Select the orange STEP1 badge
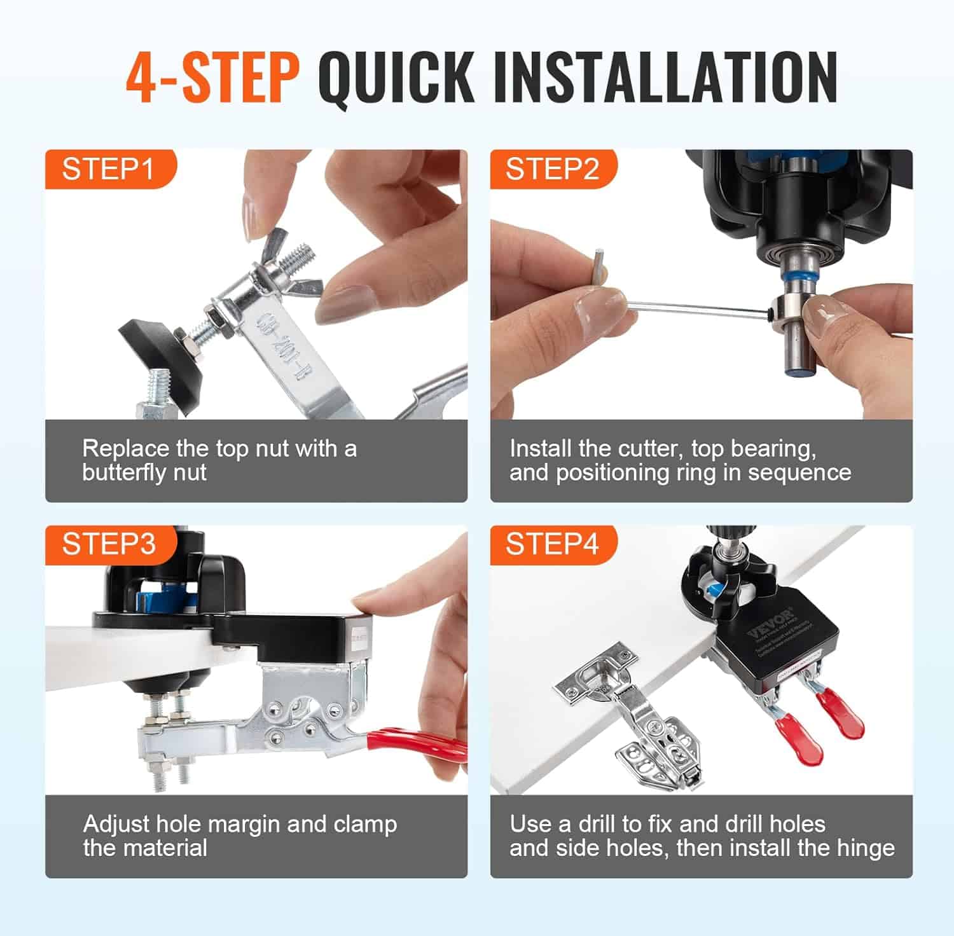click(x=108, y=170)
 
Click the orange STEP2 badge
click(x=552, y=170)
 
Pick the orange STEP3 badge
click(x=109, y=544)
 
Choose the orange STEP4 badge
click(x=552, y=544)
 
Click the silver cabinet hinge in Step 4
click(x=636, y=719)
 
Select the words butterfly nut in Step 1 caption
click(x=144, y=473)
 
